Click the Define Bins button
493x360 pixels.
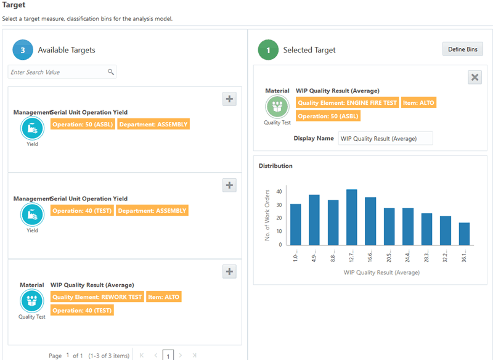pos(462,49)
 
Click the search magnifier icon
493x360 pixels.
pos(111,72)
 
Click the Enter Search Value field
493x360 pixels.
pos(59,72)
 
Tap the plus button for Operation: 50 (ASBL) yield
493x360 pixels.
pos(229,99)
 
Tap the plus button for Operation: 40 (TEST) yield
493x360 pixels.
pos(229,185)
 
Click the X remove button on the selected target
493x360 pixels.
pos(475,77)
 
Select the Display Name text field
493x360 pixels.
pos(386,139)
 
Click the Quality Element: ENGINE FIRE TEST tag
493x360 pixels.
pos(347,103)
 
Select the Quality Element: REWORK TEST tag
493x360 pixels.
pos(97,297)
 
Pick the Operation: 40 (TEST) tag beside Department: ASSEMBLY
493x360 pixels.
pos(83,211)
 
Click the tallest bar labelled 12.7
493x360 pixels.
pos(352,217)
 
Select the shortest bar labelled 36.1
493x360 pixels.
pos(464,234)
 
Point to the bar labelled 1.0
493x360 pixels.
pos(296,224)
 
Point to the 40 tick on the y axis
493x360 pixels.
pos(279,191)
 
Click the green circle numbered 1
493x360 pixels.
pos(268,50)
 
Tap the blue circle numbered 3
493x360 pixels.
pos(23,50)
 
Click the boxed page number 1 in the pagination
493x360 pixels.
pos(168,356)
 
